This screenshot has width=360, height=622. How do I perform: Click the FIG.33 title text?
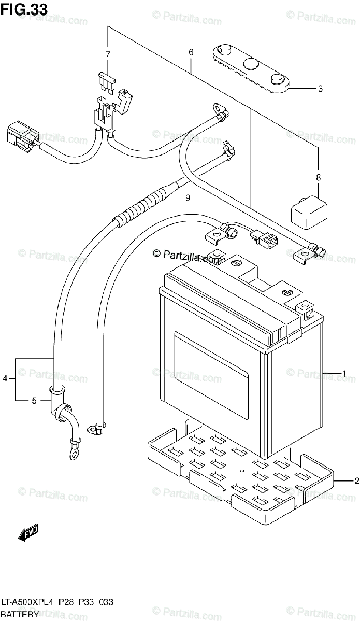tap(24, 9)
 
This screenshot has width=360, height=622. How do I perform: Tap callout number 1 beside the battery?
tap(344, 374)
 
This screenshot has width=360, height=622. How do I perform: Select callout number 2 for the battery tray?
tap(357, 480)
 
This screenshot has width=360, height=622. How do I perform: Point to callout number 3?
tap(320, 89)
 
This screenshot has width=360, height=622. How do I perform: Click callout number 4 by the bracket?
tap(5, 378)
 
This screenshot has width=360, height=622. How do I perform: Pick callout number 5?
tap(34, 401)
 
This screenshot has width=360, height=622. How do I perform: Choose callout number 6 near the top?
tap(191, 52)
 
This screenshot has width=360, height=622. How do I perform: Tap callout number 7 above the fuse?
tap(108, 54)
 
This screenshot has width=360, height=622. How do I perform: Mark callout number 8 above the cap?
tap(318, 177)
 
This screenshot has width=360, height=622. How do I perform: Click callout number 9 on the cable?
tap(188, 198)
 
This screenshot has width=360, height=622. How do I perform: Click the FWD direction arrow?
tap(28, 533)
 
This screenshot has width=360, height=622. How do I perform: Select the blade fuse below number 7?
tap(106, 81)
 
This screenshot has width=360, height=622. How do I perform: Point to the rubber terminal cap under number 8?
tap(309, 213)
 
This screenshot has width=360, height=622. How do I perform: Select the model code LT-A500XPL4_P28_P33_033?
tap(57, 602)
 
